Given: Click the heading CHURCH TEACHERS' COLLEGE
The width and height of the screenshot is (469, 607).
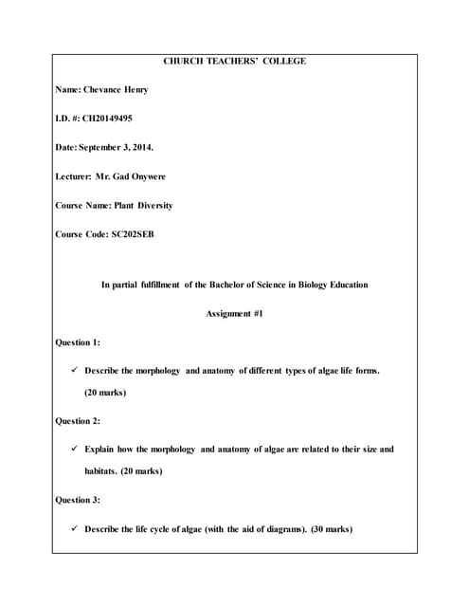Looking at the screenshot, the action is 234,62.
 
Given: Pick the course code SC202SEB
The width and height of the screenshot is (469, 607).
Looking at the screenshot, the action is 129,233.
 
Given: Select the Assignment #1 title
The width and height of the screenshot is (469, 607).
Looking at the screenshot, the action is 234,313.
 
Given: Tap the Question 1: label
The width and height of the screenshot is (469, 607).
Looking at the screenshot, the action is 79,341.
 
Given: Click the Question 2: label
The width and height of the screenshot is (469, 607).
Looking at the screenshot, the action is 79,420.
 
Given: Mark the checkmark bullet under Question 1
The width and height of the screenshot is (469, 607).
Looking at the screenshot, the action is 76,370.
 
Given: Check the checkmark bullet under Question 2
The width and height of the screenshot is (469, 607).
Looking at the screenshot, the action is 76,449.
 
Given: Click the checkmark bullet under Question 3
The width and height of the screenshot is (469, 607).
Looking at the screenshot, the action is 76,528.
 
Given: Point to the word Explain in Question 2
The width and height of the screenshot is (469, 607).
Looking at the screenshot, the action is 101,449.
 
